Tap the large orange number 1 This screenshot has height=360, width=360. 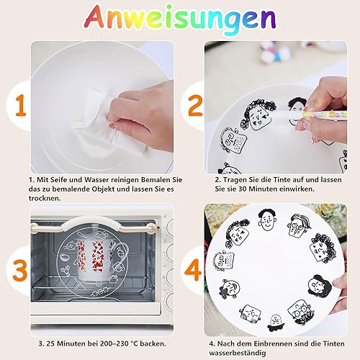[x=21, y=105]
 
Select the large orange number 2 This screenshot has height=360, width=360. [x=195, y=105]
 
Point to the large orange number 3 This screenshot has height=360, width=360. [x=19, y=271]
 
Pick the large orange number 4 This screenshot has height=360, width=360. [x=193, y=270]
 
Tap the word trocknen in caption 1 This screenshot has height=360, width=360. [x=45, y=198]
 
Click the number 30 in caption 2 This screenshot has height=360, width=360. [x=243, y=189]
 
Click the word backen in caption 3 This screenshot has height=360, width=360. [x=153, y=343]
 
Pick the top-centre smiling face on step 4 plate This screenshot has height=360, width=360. [x=267, y=220]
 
